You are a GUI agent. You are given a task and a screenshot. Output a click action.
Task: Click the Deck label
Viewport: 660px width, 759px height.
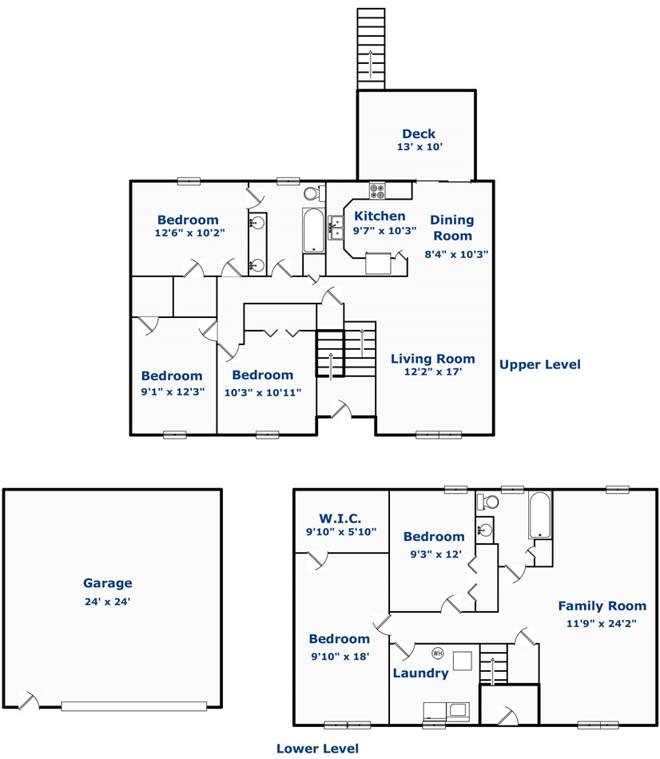[x=419, y=133]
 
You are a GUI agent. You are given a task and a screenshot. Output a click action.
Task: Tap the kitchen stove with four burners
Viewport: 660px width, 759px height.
[x=377, y=191]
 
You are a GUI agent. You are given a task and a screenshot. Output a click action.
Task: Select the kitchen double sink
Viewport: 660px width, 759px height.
[x=336, y=228]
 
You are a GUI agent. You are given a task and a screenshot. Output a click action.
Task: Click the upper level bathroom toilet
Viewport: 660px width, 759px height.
[x=315, y=193]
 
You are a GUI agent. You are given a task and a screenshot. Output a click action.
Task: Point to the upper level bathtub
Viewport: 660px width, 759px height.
[x=314, y=230]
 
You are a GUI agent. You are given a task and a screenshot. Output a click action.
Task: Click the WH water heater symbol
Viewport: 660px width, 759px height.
[x=438, y=654]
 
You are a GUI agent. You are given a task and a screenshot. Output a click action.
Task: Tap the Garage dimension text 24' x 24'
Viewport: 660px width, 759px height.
[x=108, y=602]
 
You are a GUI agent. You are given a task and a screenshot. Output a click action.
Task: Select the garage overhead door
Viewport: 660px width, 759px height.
[x=134, y=706]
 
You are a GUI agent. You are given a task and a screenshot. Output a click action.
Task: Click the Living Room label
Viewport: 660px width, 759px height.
[x=433, y=359]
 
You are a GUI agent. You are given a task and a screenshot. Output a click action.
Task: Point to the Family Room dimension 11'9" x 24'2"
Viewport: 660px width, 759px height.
[x=602, y=623]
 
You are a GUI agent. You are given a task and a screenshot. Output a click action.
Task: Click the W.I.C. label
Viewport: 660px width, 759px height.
[x=340, y=519]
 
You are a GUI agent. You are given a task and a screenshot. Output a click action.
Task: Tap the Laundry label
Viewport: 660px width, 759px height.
[x=421, y=674]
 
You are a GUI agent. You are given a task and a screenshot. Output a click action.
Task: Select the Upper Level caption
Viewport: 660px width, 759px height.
[x=540, y=364]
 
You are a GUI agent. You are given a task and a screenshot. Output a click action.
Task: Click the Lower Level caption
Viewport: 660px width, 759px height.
[x=318, y=749]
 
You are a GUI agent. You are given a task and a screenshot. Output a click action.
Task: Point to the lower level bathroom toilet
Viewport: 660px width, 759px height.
[x=487, y=502]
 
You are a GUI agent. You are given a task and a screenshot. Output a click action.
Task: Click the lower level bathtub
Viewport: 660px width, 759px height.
[x=539, y=515]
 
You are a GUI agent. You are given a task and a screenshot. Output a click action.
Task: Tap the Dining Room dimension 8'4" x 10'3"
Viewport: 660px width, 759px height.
[x=456, y=254]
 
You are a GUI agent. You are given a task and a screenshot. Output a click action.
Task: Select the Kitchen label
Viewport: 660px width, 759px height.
[x=380, y=216]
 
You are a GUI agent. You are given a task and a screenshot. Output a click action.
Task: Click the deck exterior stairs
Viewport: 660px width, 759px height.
[x=371, y=49]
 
